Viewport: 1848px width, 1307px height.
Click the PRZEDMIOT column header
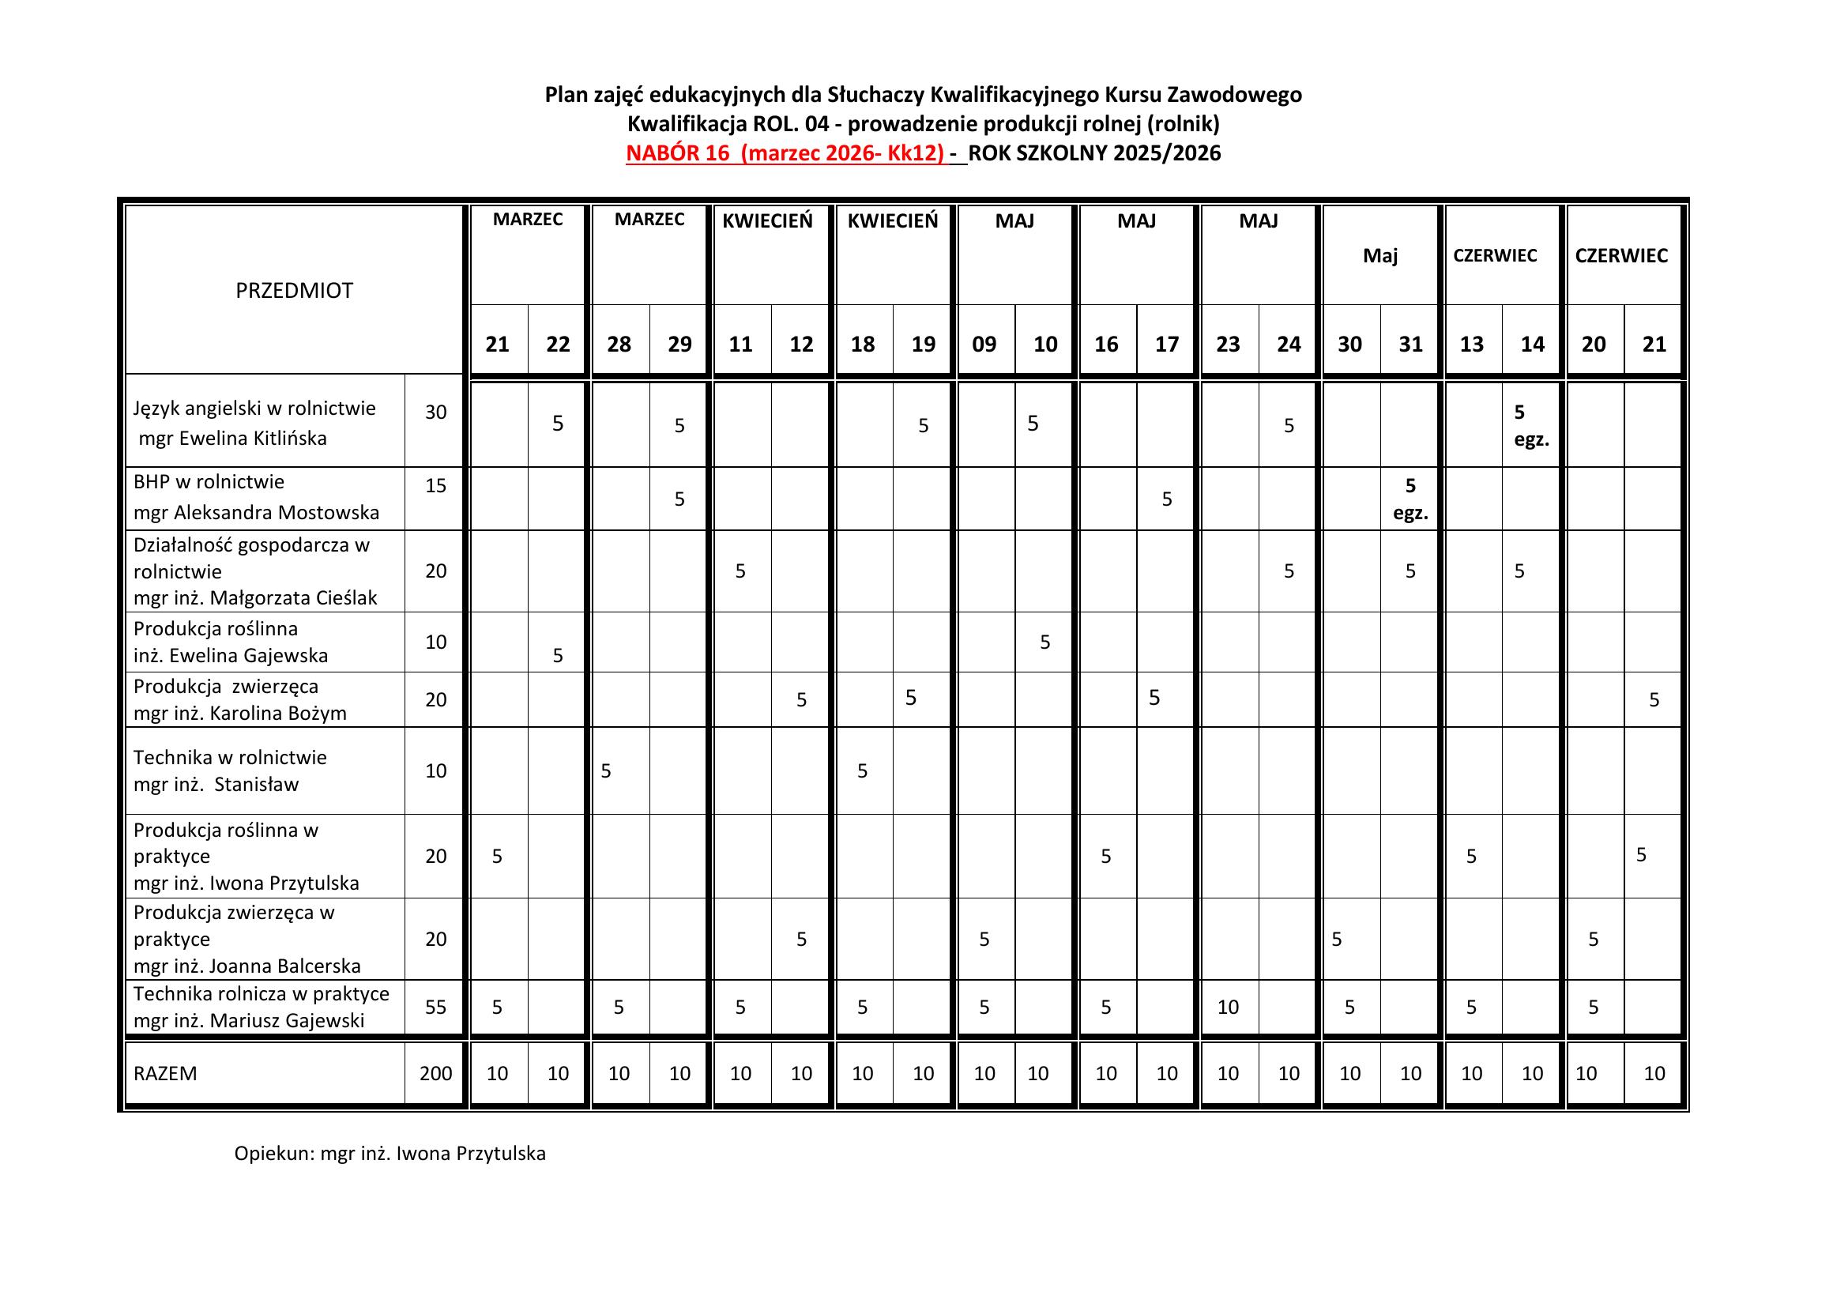pos(294,291)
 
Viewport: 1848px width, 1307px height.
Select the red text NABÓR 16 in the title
pos(677,153)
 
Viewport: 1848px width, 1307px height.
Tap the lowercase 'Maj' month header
pos(1379,256)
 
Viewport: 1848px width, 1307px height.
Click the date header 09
pos(984,345)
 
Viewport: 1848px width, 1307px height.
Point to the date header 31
pos(1410,345)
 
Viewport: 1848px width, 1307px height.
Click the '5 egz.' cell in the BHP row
pos(1410,499)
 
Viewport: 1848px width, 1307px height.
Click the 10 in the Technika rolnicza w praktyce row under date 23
pos(1228,1007)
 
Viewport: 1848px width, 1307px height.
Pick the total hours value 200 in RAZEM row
pos(435,1073)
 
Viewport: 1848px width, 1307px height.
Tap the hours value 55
pos(435,1007)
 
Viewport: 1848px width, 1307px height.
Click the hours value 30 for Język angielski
pos(435,412)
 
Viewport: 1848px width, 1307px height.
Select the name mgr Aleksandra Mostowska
pos(256,513)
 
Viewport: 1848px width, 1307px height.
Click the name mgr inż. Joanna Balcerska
pos(247,966)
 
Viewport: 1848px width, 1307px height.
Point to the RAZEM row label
pos(165,1074)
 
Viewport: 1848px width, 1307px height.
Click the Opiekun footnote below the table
pos(390,1153)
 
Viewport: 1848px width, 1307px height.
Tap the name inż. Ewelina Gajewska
pos(231,656)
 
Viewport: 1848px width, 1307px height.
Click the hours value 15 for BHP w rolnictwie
pos(435,485)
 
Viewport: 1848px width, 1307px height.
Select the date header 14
pos(1532,345)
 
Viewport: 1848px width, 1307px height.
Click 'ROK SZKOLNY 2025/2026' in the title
pos(1094,153)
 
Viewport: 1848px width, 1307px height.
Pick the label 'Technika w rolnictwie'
pos(230,757)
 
